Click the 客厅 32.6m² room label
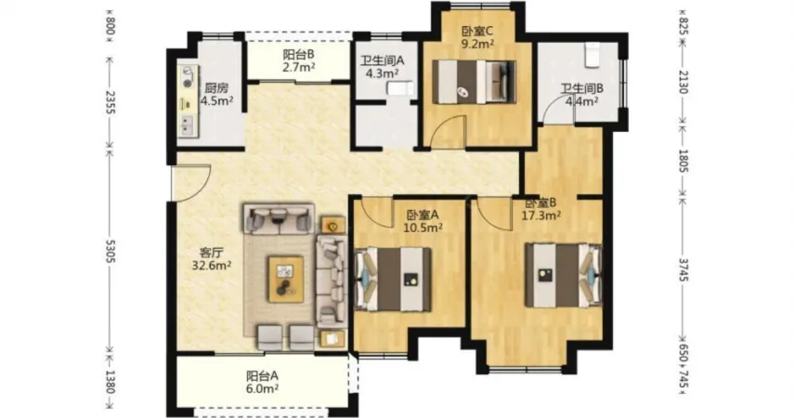click(212, 258)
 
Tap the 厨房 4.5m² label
click(216, 94)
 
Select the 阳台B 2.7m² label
click(299, 60)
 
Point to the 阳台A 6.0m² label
click(262, 383)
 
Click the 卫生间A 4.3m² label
click(383, 67)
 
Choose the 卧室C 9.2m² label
click(477, 37)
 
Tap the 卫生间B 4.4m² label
click(581, 95)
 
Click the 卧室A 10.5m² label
click(423, 221)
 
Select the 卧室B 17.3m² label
click(541, 209)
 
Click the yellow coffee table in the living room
click(286, 280)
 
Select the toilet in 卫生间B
click(592, 55)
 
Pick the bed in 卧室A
click(394, 280)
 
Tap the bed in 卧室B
click(564, 275)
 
